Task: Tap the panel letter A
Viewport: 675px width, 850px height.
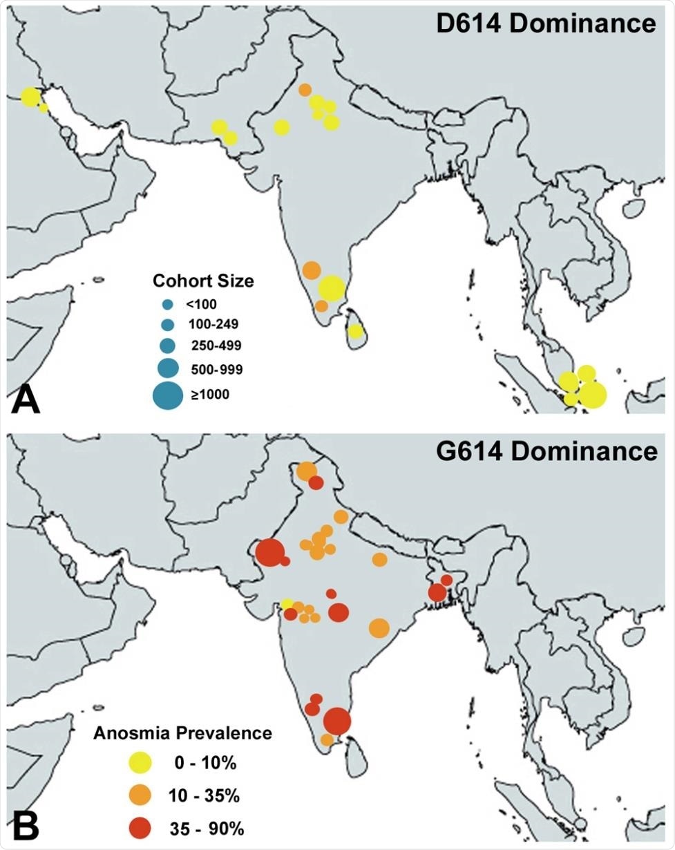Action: tap(26, 400)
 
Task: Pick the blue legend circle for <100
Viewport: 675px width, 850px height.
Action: tap(168, 303)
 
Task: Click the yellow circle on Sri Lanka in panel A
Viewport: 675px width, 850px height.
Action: tap(355, 331)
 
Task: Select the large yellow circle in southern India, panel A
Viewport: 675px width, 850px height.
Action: tap(332, 288)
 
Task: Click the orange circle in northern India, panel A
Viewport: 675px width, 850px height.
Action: tap(305, 90)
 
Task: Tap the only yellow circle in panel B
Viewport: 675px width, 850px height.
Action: tap(286, 605)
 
